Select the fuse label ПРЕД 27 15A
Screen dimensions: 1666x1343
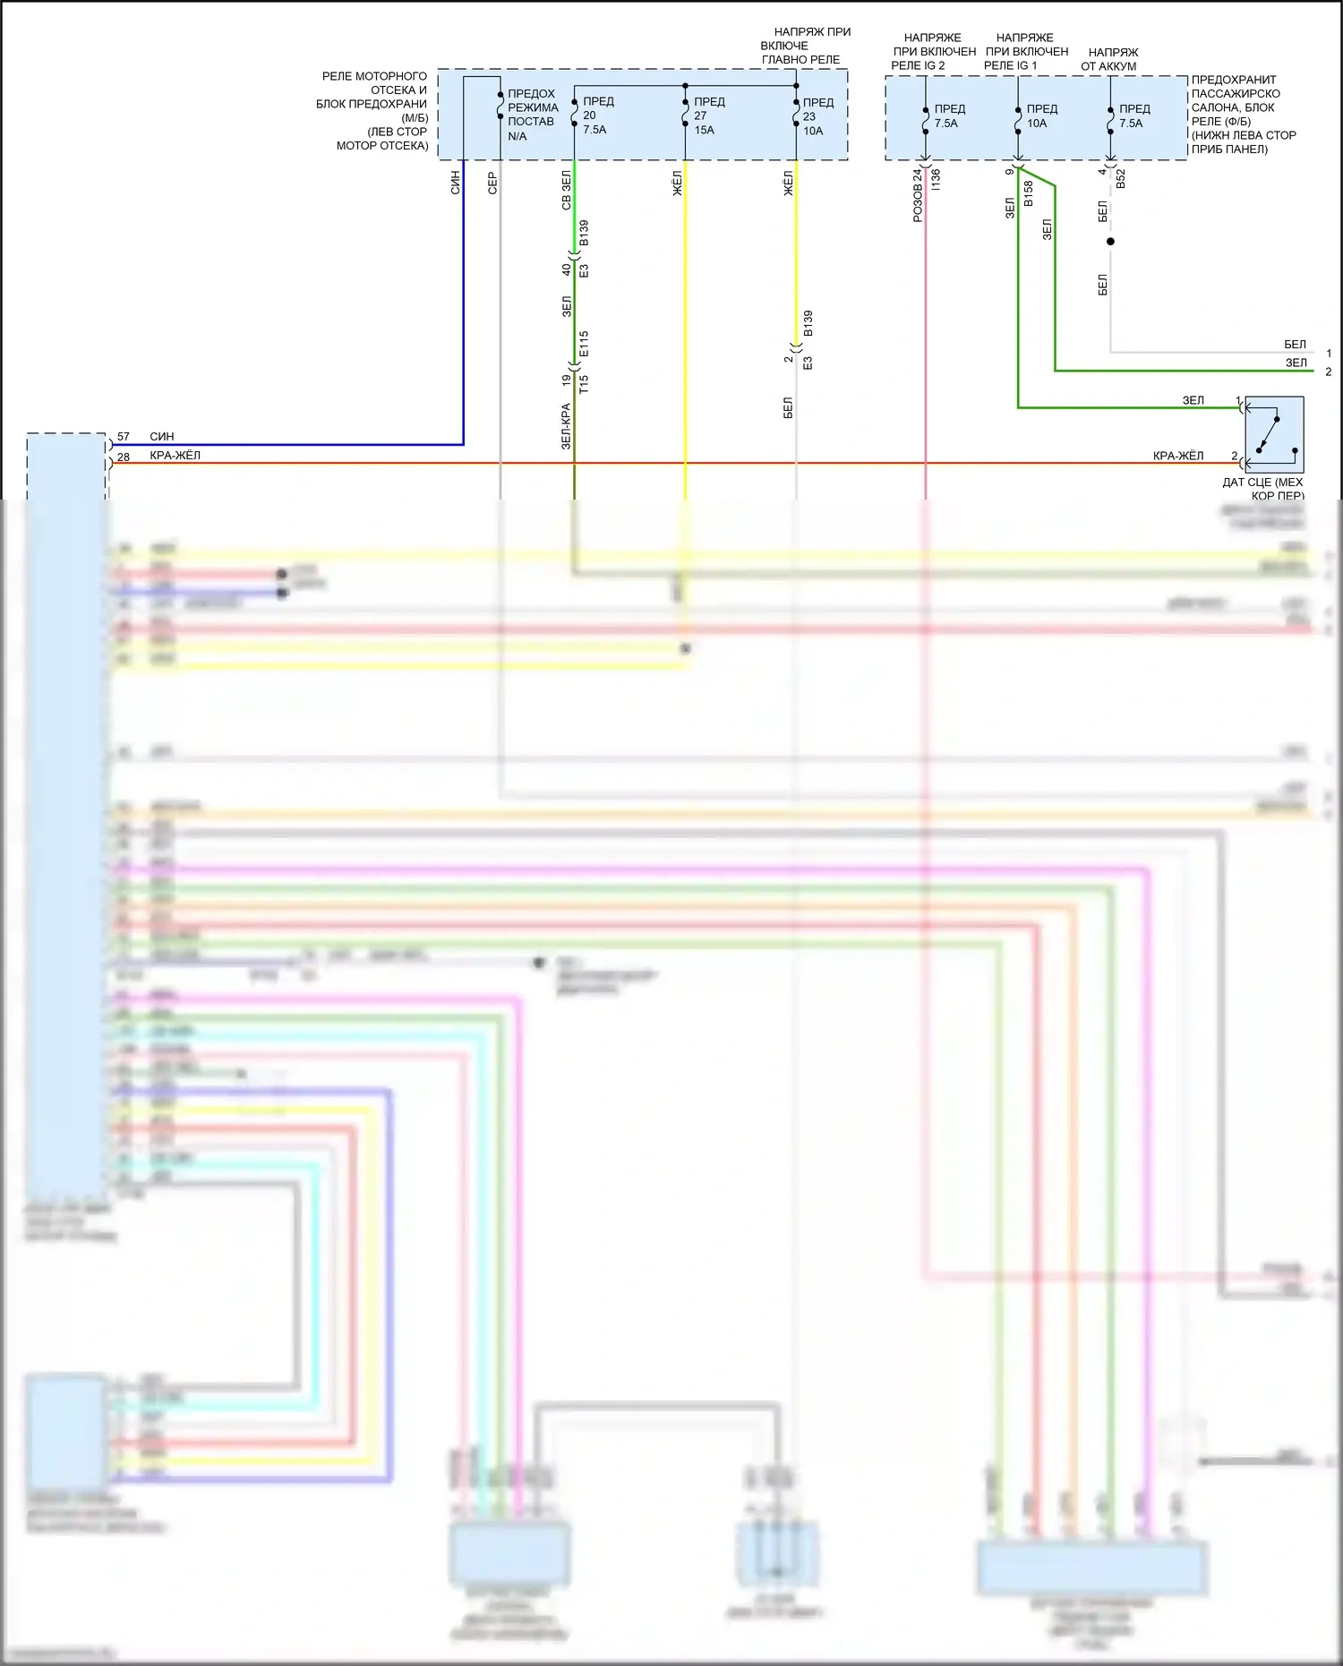point(707,115)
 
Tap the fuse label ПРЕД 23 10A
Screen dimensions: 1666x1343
point(817,116)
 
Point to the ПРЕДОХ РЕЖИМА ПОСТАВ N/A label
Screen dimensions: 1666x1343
point(532,115)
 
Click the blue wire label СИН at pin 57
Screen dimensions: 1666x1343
point(162,437)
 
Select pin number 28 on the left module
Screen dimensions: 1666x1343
point(124,457)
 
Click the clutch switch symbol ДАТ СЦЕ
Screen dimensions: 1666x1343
point(1274,435)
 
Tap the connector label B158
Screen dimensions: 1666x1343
point(1029,192)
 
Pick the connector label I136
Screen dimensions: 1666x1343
point(937,178)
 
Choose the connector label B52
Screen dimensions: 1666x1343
point(1121,177)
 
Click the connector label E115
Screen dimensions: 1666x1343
point(584,345)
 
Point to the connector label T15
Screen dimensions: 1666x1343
point(584,384)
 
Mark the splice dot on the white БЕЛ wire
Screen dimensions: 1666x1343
point(1110,242)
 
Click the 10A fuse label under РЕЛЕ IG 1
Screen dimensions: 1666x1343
point(1041,116)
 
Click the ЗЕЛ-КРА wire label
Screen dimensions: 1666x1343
point(566,426)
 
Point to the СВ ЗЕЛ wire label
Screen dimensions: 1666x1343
point(566,191)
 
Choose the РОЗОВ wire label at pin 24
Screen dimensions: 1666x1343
point(918,195)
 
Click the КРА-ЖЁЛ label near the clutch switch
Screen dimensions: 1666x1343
point(1177,456)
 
